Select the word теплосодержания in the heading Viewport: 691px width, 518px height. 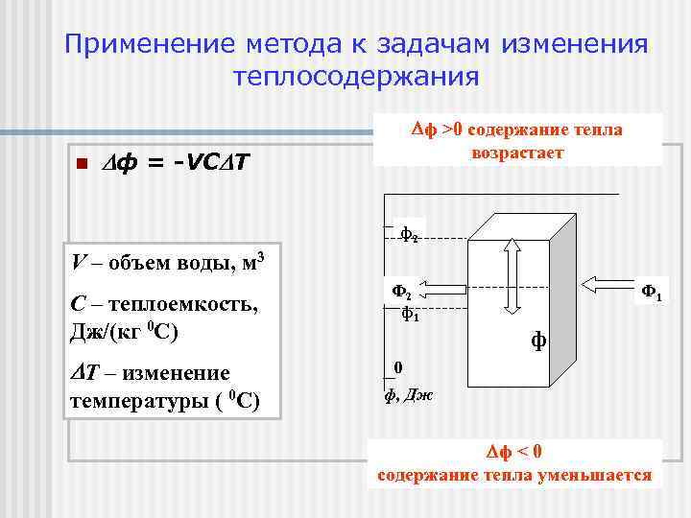[355, 77]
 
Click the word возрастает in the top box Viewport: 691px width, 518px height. [517, 153]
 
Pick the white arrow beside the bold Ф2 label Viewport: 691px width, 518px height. [444, 286]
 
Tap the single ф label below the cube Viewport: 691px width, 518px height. [538, 339]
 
